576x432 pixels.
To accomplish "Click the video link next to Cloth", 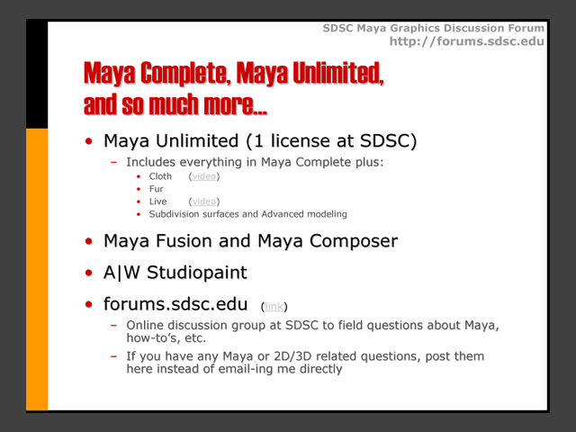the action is point(204,176).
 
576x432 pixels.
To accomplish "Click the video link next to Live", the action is point(204,202).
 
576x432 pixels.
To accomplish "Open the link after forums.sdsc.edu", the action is point(274,306).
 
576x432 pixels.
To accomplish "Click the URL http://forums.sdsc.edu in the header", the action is point(466,41).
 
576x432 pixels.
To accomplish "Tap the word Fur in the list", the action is point(156,189).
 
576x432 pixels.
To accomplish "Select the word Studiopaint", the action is point(197,273).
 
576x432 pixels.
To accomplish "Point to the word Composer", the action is point(354,241).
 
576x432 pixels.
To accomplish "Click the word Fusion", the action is point(184,241).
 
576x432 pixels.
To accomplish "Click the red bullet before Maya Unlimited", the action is point(88,141).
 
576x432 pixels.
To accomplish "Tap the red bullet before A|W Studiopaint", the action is point(88,273).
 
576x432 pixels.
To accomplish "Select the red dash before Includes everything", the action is point(114,162).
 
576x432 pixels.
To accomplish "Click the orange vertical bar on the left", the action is point(37,269).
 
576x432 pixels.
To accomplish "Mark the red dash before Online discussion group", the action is point(114,326).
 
